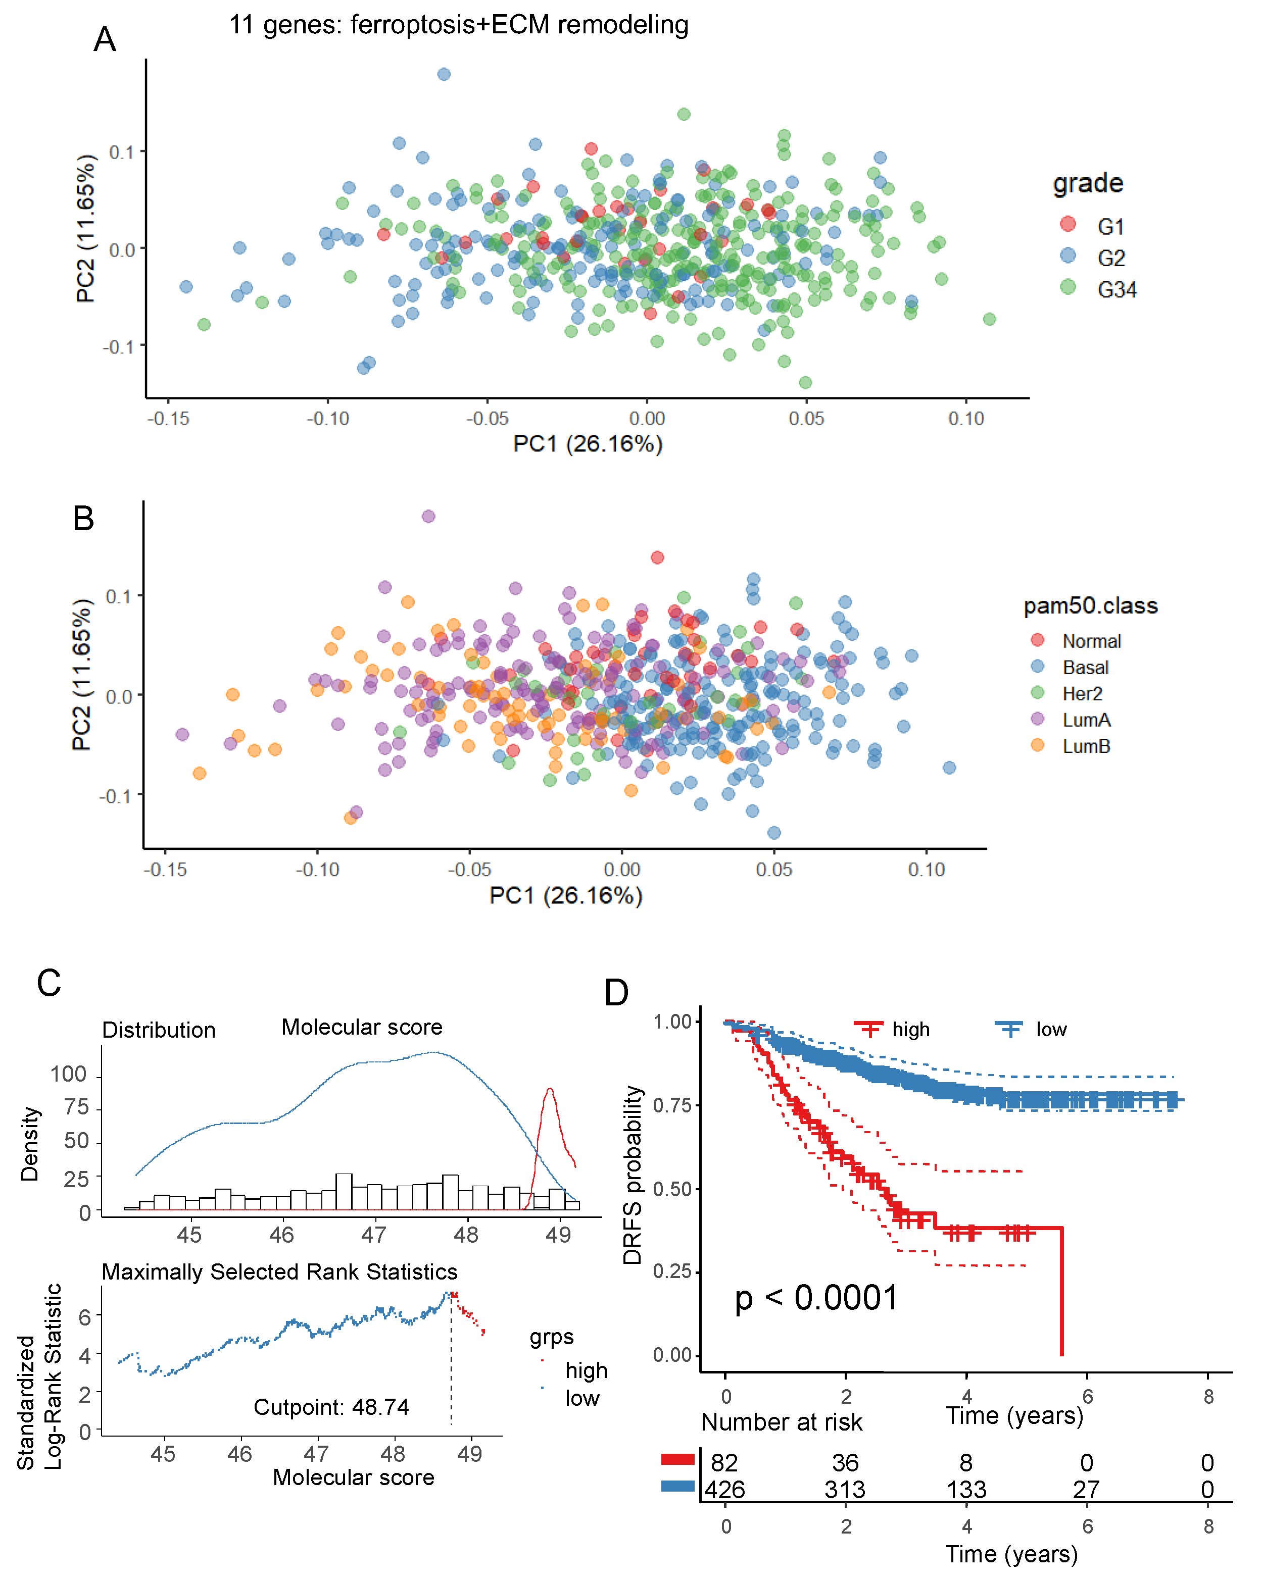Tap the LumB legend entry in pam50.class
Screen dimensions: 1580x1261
click(x=1086, y=746)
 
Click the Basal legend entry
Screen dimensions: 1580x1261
click(x=1085, y=668)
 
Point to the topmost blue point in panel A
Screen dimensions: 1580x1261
click(x=444, y=74)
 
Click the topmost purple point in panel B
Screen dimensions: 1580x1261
click(x=428, y=517)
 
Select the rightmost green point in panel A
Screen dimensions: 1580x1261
click(x=989, y=319)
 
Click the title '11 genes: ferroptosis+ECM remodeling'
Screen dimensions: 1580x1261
click(x=458, y=25)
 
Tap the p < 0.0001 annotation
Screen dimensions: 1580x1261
click(x=816, y=1298)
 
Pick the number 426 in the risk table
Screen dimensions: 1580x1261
click(x=724, y=1490)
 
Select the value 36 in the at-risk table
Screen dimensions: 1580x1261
click(x=845, y=1463)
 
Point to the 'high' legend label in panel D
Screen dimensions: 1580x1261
click(x=910, y=1030)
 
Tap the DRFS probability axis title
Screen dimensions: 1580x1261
click(x=632, y=1175)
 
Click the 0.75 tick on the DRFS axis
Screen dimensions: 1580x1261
click(x=672, y=1106)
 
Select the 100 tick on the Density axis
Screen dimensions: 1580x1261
click(x=68, y=1075)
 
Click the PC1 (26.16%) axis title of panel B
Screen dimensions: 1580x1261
click(x=565, y=895)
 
